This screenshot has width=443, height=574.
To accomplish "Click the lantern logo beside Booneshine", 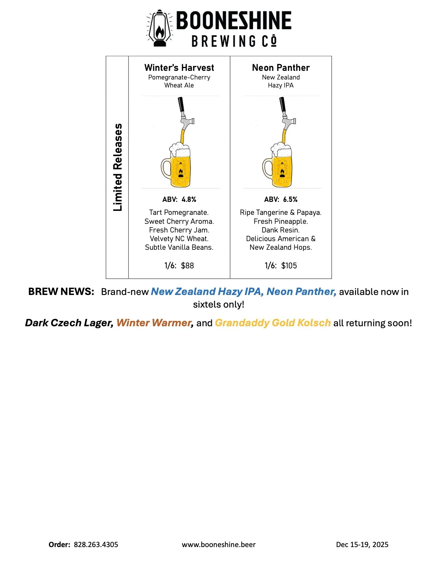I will click(160, 29).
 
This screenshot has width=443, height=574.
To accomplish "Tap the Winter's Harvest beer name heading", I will click(179, 68).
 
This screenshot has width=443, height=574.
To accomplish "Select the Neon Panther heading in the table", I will click(281, 68).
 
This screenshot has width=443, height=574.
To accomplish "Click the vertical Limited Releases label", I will click(118, 167).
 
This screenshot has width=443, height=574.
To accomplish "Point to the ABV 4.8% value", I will click(189, 200).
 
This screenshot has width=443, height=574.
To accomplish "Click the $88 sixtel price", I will click(187, 266).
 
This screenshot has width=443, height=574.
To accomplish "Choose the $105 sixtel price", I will click(289, 266).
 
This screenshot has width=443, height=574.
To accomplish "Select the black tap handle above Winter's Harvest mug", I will click(181, 105).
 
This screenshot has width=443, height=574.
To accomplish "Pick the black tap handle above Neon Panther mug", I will click(283, 105).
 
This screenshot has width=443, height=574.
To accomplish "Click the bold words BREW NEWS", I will click(61, 292).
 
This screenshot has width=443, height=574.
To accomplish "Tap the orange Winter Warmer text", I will click(154, 323).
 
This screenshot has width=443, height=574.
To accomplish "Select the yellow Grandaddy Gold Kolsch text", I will click(273, 323).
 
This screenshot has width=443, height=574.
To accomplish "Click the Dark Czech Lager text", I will click(69, 323).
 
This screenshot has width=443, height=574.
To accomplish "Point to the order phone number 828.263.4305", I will click(96, 545).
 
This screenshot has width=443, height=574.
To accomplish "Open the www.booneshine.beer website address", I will click(219, 545).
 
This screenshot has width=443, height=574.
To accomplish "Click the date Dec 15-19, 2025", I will click(362, 545).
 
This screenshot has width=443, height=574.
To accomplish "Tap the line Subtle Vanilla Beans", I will click(179, 247).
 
